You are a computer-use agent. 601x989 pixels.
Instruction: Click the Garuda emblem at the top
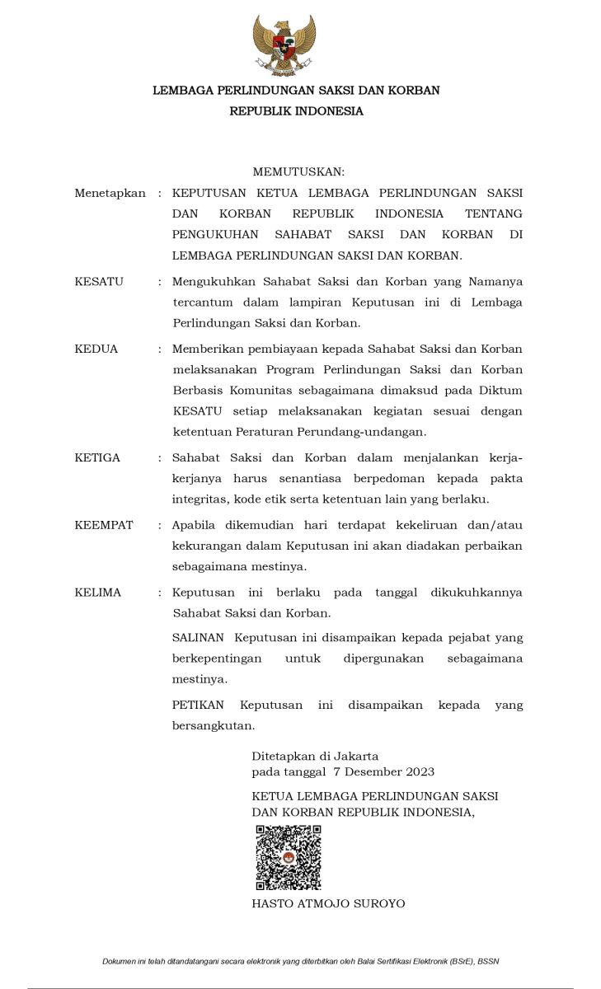(284, 45)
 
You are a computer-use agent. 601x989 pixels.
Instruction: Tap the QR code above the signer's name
(288, 857)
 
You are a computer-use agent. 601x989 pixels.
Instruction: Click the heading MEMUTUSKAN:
(298, 171)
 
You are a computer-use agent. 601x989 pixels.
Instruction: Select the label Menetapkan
(110, 193)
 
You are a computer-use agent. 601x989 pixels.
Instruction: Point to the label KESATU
(99, 281)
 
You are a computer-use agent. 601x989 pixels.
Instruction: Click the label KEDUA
(96, 349)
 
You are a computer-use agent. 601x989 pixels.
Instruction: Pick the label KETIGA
(97, 457)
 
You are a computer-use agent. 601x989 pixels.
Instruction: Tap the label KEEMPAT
(104, 525)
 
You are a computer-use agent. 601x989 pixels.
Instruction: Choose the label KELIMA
(98, 592)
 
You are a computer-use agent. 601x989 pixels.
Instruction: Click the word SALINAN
(198, 637)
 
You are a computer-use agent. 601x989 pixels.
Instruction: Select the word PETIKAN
(199, 705)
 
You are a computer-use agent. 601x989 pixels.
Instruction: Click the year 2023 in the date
(419, 772)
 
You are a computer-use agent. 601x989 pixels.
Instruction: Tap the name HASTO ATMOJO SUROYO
(328, 903)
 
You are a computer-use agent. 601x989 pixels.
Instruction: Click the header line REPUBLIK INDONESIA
(296, 111)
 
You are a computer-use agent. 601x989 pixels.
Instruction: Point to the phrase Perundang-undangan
(374, 431)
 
